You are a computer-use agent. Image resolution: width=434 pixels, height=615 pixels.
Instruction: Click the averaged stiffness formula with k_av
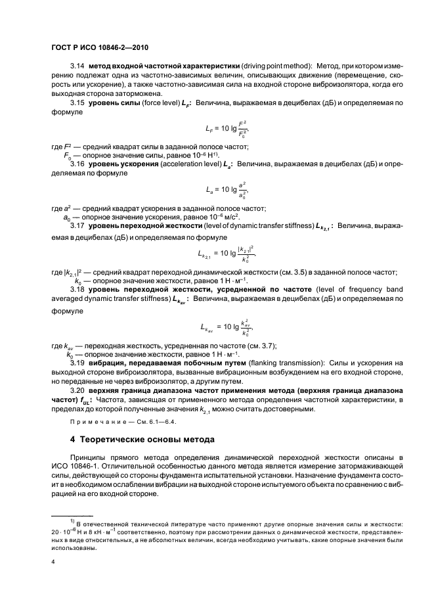225,325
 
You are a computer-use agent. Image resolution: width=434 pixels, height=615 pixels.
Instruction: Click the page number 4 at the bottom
54,562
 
